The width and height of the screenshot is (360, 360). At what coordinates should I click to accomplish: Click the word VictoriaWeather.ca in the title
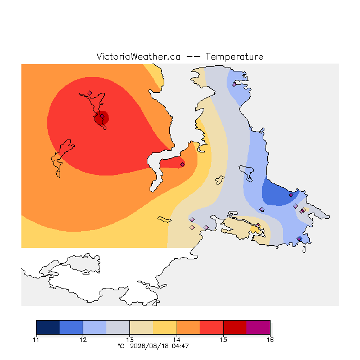tap(138, 56)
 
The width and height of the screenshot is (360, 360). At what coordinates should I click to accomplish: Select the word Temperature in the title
tap(234, 56)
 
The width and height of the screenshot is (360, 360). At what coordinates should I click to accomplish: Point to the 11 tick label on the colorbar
tap(36, 340)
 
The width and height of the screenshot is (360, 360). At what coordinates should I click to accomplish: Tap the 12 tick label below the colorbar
tap(83, 340)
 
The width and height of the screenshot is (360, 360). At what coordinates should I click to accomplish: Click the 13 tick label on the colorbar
tap(130, 340)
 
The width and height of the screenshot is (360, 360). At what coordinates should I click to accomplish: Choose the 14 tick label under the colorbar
tap(177, 340)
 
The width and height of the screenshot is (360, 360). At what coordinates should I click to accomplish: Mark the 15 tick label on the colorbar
tap(224, 340)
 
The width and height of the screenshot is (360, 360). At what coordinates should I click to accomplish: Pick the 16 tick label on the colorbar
tap(270, 340)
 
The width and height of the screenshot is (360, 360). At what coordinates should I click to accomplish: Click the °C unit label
tap(121, 346)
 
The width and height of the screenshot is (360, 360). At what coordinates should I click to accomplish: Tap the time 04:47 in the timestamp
tap(180, 346)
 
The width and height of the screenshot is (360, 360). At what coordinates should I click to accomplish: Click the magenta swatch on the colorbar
tap(258, 327)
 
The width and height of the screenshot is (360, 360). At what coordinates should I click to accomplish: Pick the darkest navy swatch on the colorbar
tap(48, 327)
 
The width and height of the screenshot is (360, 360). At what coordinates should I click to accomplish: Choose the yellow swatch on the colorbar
tap(165, 327)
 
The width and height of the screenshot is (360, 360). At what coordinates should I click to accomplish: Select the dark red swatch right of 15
tap(235, 327)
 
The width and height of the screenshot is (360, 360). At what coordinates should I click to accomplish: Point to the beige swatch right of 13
tap(141, 327)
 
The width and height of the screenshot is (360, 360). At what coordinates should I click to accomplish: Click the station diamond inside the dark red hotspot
tap(102, 116)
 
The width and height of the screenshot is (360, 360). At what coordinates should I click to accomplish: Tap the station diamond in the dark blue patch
tap(291, 195)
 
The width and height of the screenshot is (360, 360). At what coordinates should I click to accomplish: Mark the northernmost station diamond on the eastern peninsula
tap(234, 85)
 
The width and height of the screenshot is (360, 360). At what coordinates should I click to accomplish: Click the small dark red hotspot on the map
tap(101, 118)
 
